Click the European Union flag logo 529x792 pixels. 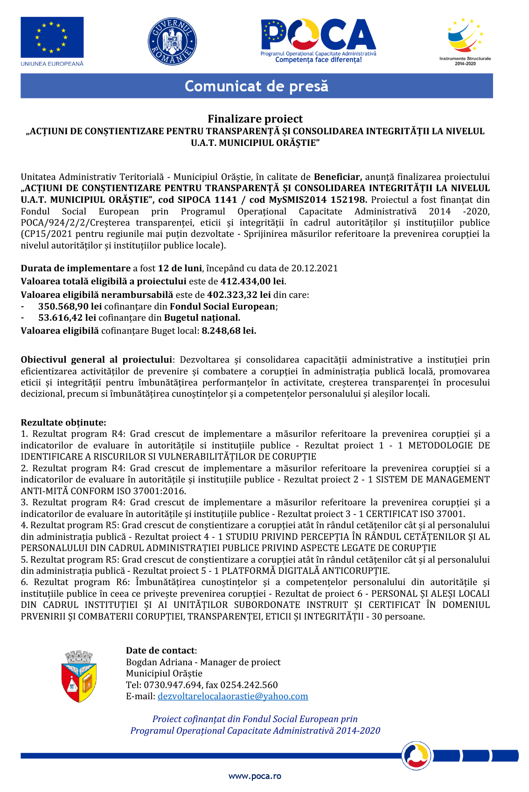coord(52,38)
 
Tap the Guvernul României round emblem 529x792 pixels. coord(172,41)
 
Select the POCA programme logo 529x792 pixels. coord(318,40)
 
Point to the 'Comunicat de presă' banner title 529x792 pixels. coord(257,86)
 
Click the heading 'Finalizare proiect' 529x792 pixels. coord(255,119)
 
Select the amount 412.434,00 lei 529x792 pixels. coord(252,281)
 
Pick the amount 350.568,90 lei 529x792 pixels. coord(70,306)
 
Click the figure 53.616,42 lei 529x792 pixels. coord(67,318)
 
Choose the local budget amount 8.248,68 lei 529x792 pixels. coord(229,331)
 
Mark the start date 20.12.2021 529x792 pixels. coord(314,268)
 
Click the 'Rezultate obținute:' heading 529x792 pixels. coord(63,423)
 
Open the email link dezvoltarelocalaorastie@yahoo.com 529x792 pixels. coord(233,696)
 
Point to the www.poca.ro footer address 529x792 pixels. coord(255,776)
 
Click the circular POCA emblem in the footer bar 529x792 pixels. coord(416,755)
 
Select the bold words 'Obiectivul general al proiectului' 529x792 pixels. coord(97,360)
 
